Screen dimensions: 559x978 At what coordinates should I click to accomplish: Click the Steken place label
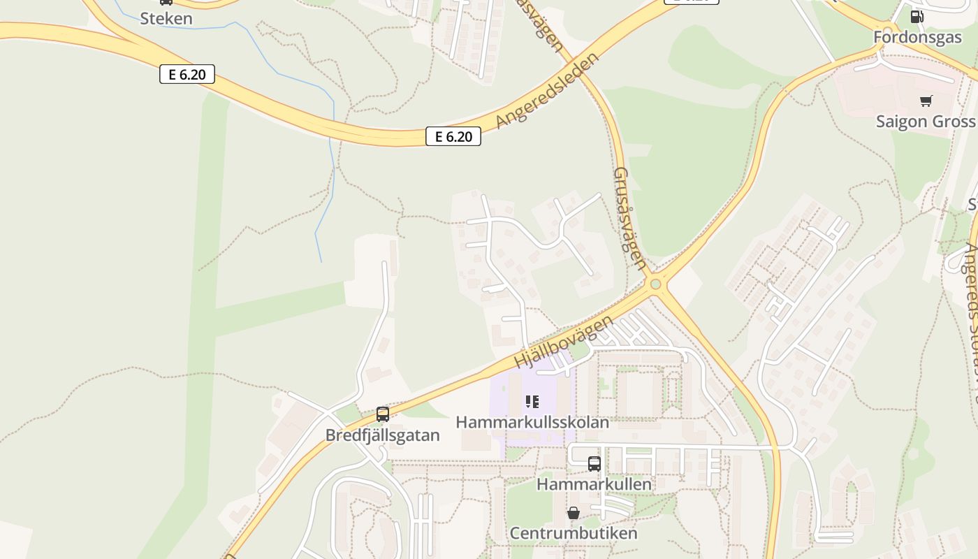pyautogui.click(x=166, y=18)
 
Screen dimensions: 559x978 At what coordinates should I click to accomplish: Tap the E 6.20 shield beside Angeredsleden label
pyautogui.click(x=453, y=137)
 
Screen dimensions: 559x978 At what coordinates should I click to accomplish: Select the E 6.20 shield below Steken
pyautogui.click(x=187, y=74)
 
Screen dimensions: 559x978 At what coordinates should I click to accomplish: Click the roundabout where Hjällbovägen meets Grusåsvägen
pyautogui.click(x=655, y=284)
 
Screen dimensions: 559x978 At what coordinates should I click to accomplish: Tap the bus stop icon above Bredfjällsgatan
pyautogui.click(x=383, y=414)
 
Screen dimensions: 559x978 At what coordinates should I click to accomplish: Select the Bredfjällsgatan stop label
pyautogui.click(x=383, y=435)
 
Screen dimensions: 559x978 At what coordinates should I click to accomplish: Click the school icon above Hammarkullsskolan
pyautogui.click(x=532, y=402)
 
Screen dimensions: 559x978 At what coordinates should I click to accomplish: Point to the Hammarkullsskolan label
pyautogui.click(x=532, y=422)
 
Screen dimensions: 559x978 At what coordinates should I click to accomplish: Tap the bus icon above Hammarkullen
pyautogui.click(x=594, y=464)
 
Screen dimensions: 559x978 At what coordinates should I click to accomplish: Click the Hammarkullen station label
pyautogui.click(x=594, y=484)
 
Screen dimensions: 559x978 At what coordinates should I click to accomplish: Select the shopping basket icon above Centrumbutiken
pyautogui.click(x=574, y=514)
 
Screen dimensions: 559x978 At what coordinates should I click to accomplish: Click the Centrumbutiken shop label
pyautogui.click(x=574, y=533)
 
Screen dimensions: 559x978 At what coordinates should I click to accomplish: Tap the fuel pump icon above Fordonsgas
pyautogui.click(x=917, y=17)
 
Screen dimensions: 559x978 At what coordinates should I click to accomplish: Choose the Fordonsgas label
pyautogui.click(x=918, y=38)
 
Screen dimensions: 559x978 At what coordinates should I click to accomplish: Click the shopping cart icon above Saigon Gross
pyautogui.click(x=926, y=101)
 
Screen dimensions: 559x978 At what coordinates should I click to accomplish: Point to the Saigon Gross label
pyautogui.click(x=926, y=122)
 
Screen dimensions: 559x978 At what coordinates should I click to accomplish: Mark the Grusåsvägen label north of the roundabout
pyautogui.click(x=629, y=218)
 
